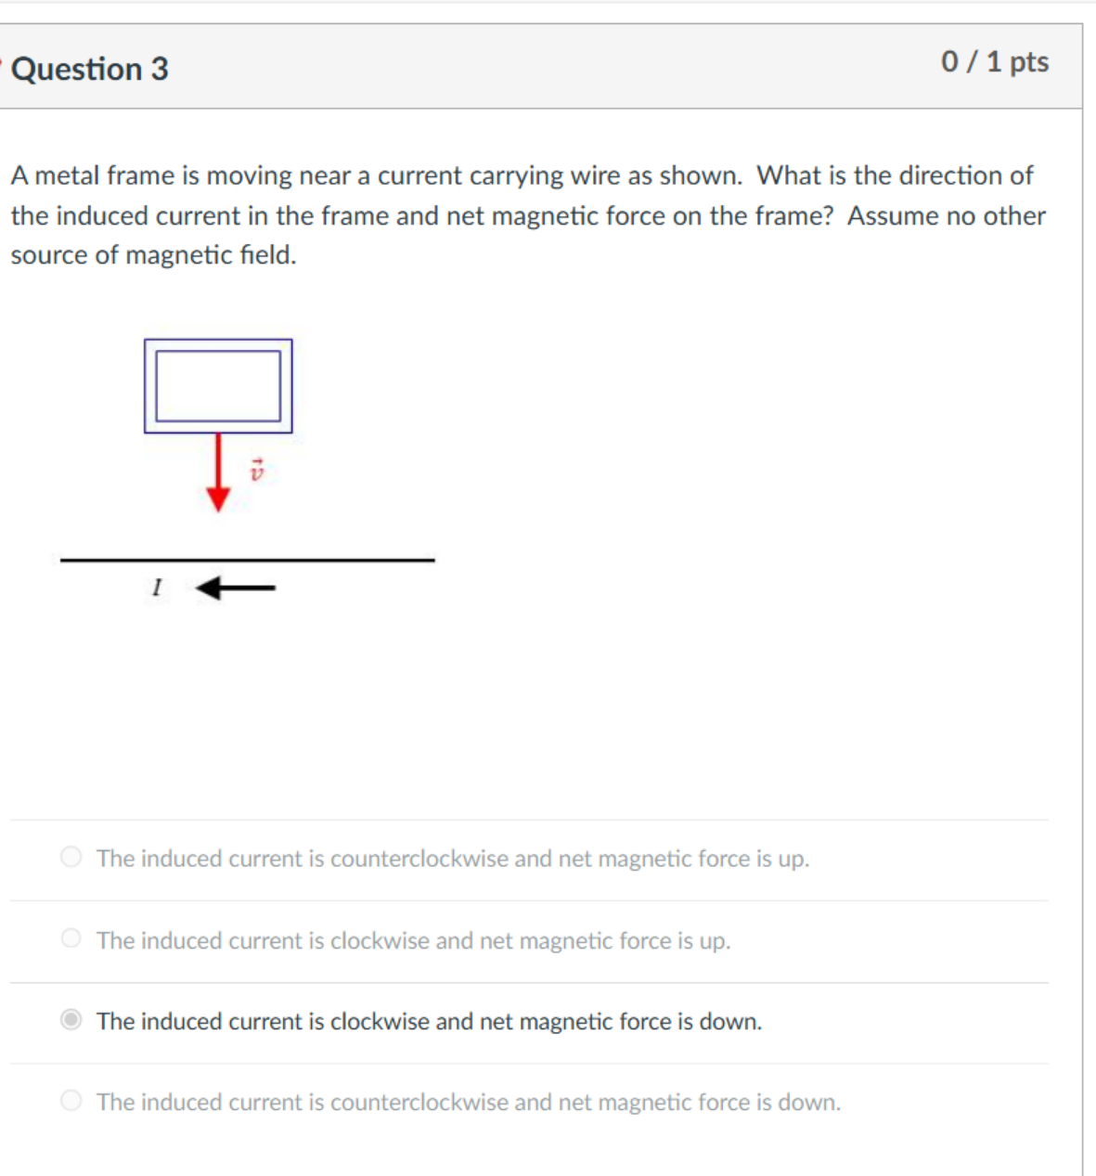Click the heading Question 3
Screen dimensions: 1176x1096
click(x=90, y=69)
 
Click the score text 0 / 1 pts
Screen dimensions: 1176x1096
click(x=994, y=61)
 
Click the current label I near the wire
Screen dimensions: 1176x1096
click(x=157, y=588)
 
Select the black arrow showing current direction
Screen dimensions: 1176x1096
click(x=236, y=588)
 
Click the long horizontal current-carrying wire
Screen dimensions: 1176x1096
click(x=247, y=560)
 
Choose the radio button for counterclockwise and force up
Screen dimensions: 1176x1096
click(x=71, y=857)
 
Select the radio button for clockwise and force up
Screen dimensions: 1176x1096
click(x=71, y=938)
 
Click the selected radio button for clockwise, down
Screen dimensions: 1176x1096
click(x=71, y=1020)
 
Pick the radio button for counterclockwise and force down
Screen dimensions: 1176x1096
click(x=71, y=1101)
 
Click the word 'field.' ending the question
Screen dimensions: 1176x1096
click(x=268, y=254)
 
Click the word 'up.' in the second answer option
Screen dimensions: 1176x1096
click(x=715, y=940)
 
